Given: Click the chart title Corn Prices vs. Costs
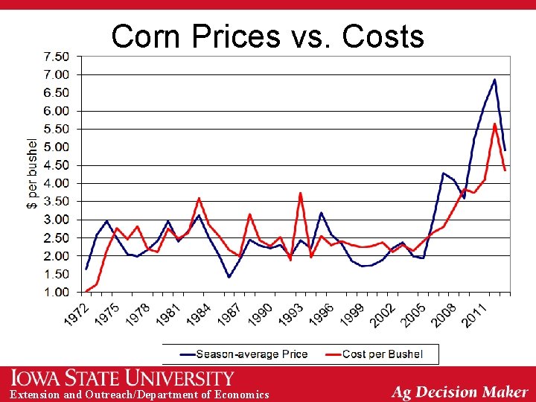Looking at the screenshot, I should click(x=267, y=36).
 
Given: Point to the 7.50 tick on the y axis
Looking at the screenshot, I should click(x=56, y=57).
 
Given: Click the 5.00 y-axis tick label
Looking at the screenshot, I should click(x=56, y=147).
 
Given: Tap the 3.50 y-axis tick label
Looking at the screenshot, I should click(x=56, y=202).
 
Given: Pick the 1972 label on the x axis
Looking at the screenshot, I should click(x=77, y=312).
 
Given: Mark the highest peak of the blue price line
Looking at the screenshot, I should click(x=494, y=80).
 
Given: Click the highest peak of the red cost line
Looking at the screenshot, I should click(x=494, y=124).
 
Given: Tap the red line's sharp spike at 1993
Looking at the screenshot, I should click(x=300, y=193).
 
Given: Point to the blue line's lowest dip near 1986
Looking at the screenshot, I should click(x=229, y=277).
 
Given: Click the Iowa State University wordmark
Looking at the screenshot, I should click(x=122, y=378).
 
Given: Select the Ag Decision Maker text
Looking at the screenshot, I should click(x=459, y=392).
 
